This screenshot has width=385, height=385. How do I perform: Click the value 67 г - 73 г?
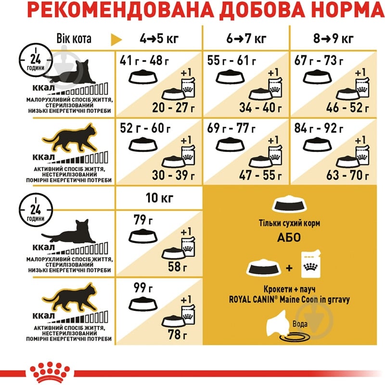click(319, 61)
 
